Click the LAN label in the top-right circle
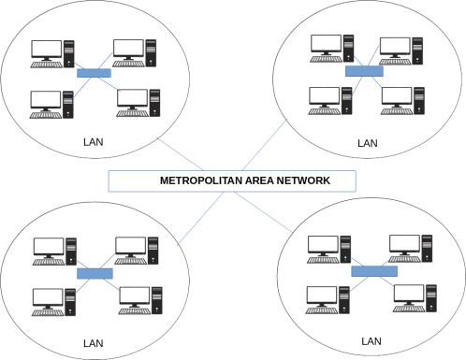(366, 143)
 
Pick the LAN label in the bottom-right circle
(371, 338)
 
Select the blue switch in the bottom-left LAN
(94, 273)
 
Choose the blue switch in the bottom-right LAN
(374, 270)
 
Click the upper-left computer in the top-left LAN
(51, 53)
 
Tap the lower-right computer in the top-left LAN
(139, 102)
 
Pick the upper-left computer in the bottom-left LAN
(53, 250)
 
